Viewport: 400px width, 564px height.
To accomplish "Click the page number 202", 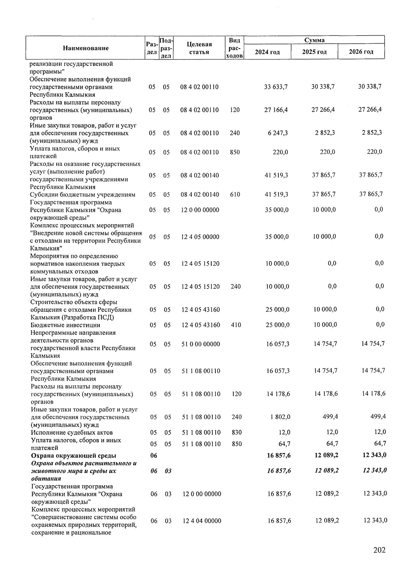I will (x=379, y=550).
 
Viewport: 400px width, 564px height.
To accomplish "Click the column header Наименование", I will (x=86, y=48).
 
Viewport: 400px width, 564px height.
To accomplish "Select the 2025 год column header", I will (x=314, y=52).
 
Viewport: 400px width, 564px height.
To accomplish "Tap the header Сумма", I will (x=314, y=40).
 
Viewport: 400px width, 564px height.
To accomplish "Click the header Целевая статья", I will (x=199, y=48).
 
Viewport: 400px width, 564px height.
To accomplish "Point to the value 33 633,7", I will (x=276, y=87).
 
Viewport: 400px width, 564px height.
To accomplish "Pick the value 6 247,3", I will (x=277, y=133).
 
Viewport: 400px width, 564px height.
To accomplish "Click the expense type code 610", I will (x=235, y=194).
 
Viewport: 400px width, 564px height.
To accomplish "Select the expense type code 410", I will (x=236, y=325).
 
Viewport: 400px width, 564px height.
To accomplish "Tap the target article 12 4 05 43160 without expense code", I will (x=200, y=309).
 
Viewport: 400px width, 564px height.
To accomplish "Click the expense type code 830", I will (x=236, y=432).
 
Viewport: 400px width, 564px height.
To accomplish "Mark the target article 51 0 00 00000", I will (x=200, y=344).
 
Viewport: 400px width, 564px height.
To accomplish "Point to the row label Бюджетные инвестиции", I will (x=65, y=325).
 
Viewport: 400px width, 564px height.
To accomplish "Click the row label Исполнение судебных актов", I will (x=72, y=432).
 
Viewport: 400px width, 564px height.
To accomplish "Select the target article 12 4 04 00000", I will (x=202, y=521).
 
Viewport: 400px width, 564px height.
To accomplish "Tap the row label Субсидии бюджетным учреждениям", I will (x=82, y=194).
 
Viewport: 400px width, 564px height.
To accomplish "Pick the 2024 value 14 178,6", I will (x=278, y=394).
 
